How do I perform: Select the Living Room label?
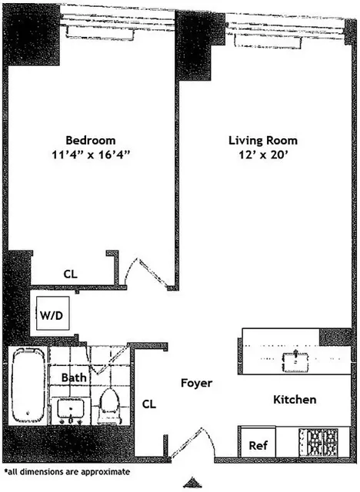(x=262, y=141)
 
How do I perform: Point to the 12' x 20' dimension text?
(x=262, y=154)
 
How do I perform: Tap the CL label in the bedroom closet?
(x=70, y=274)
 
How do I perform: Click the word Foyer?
(x=196, y=383)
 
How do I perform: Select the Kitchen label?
(x=294, y=400)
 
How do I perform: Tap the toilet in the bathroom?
(x=110, y=401)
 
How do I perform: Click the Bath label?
(x=75, y=377)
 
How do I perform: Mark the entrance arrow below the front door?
(x=190, y=482)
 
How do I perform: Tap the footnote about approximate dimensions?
(x=67, y=470)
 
